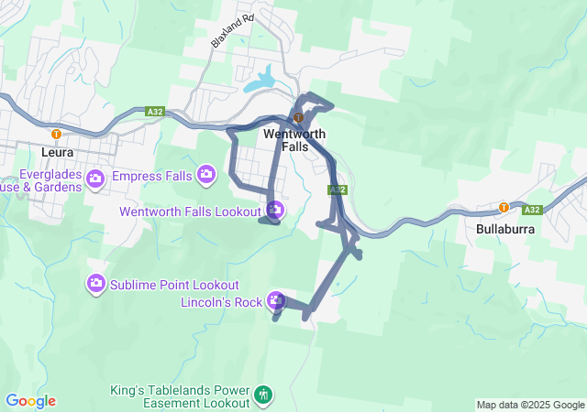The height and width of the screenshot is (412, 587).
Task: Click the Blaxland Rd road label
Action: coord(230,30)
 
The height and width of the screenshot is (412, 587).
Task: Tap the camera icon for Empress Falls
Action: coord(206,172)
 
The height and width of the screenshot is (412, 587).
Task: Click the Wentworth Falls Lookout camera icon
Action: coord(276,211)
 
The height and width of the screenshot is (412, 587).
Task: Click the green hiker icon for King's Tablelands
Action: coord(263,395)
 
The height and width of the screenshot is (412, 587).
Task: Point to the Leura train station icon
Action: coord(56,134)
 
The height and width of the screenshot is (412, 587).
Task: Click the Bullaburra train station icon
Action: coord(504,207)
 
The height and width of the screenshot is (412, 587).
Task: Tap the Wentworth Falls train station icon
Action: coord(298,118)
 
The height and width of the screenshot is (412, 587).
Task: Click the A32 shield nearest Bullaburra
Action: coord(533,210)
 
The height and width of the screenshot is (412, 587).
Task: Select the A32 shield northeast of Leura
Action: coord(154,112)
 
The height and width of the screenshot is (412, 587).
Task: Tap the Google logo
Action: coord(30,401)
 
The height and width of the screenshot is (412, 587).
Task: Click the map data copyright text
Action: coord(530,405)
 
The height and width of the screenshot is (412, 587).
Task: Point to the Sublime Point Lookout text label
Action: coord(174,285)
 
